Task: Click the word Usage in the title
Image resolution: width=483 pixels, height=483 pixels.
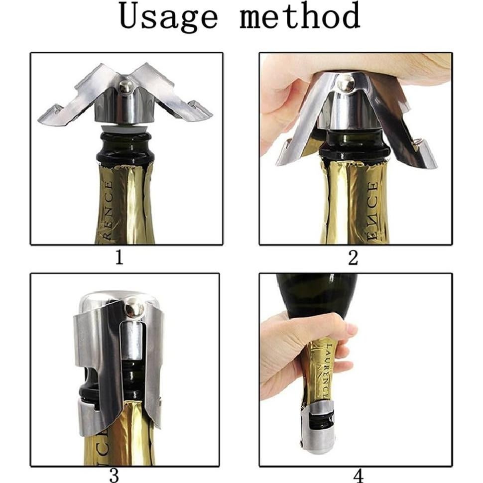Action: coord(169,17)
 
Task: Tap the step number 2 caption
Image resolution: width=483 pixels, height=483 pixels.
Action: coord(353,258)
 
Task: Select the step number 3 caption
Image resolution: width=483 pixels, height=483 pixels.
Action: coord(114,475)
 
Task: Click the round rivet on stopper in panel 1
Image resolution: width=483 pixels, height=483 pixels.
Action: coord(126,88)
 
